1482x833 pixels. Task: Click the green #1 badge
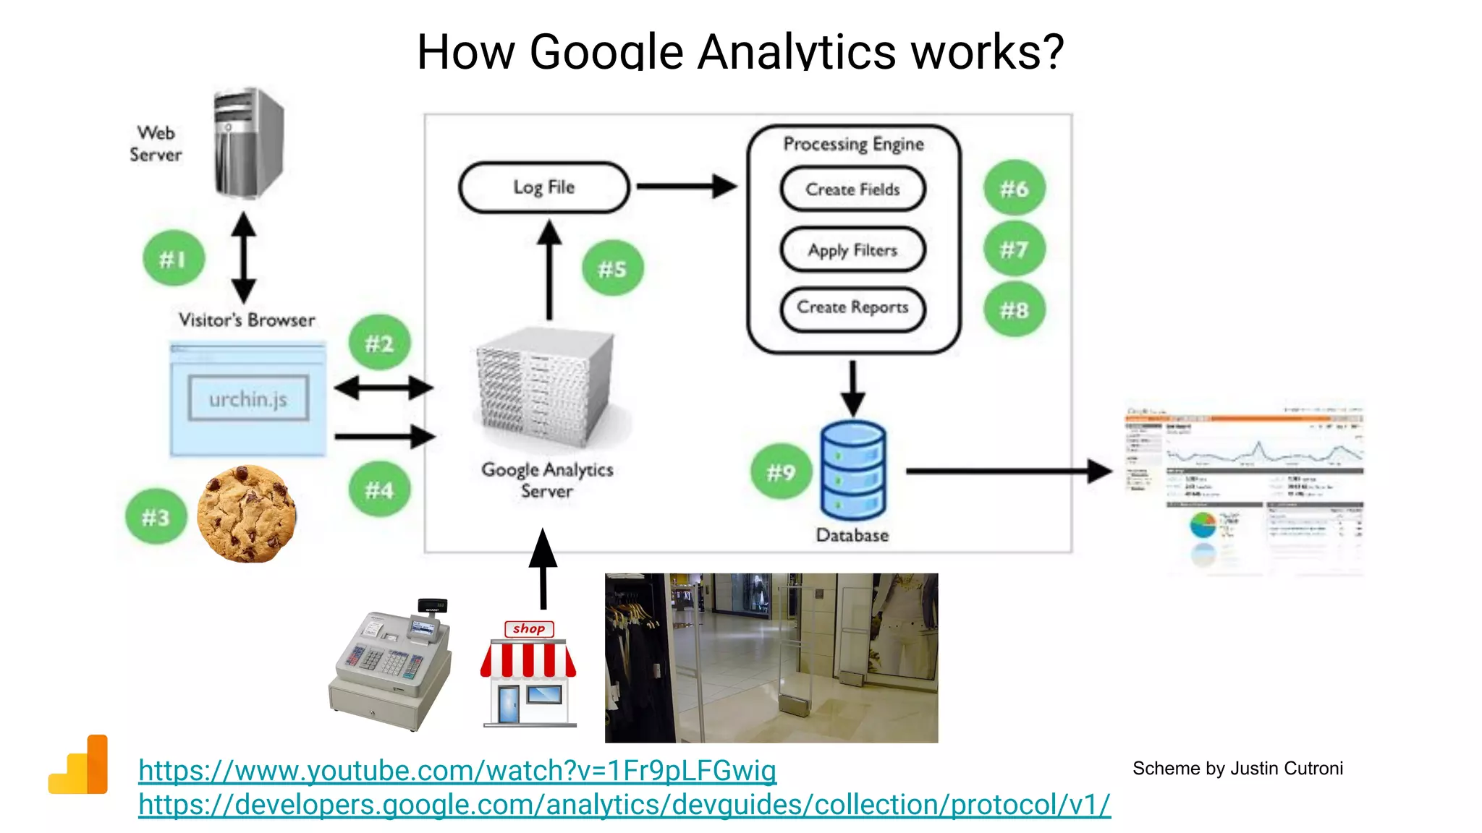pyautogui.click(x=174, y=258)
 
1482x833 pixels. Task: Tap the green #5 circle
pyautogui.click(x=612, y=268)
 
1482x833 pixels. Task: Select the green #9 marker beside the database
pyautogui.click(x=781, y=472)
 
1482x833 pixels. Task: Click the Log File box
pyautogui.click(x=544, y=187)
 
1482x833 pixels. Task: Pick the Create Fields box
pyautogui.click(x=852, y=189)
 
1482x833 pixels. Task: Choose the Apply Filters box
pyautogui.click(x=852, y=250)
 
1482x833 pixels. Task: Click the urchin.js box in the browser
pyautogui.click(x=248, y=398)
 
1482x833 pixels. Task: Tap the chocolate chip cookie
pyautogui.click(x=246, y=514)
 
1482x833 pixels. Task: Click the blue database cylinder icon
pyautogui.click(x=852, y=470)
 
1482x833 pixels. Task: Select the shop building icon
pyautogui.click(x=529, y=675)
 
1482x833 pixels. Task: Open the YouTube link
pyautogui.click(x=457, y=771)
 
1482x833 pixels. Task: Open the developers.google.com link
pyautogui.click(x=624, y=805)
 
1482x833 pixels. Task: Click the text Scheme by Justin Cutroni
pyautogui.click(x=1237, y=769)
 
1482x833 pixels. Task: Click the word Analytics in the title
pyautogui.click(x=796, y=52)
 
